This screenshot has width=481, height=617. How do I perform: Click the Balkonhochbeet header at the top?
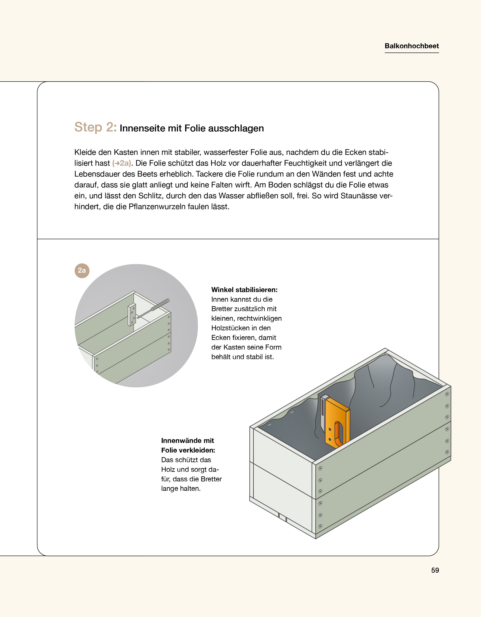(411, 46)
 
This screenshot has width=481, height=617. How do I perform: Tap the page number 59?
(435, 570)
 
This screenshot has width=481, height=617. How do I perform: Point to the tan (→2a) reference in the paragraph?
(121, 163)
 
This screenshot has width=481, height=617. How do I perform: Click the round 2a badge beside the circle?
(82, 271)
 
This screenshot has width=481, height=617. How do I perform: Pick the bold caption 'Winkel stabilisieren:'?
(244, 290)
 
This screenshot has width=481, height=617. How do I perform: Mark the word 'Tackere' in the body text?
(208, 174)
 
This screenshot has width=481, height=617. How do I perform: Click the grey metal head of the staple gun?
(323, 412)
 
